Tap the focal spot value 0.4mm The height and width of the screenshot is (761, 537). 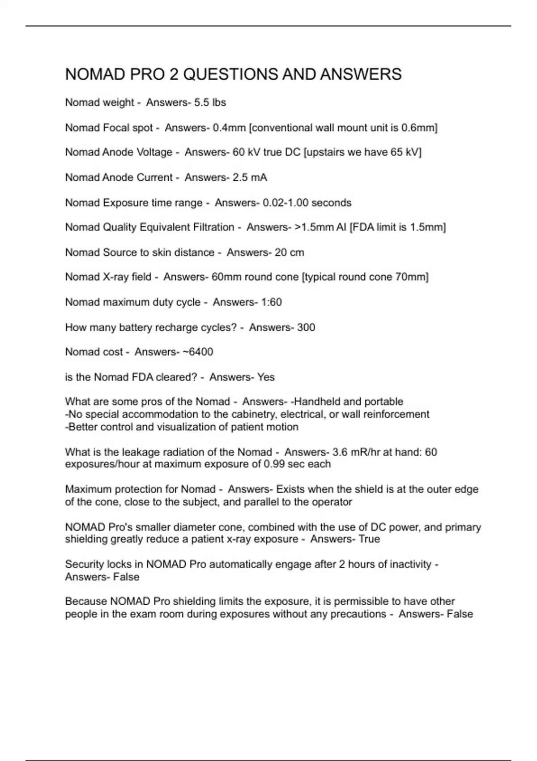click(x=229, y=128)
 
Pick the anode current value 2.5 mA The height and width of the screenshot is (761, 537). click(x=250, y=178)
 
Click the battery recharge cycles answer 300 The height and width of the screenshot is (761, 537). click(x=306, y=328)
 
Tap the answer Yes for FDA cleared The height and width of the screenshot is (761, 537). click(x=266, y=377)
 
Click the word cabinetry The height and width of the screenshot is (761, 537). click(x=254, y=415)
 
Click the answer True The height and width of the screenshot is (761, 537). click(x=369, y=539)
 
